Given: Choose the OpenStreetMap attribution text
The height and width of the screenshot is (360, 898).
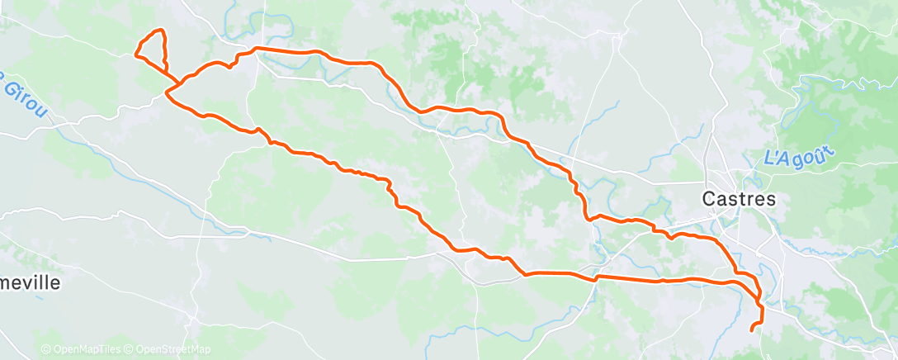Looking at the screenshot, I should tap(172, 350).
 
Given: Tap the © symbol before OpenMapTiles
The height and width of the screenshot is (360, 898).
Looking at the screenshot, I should tap(45, 350).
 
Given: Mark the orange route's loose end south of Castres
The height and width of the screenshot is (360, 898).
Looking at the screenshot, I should tap(751, 330).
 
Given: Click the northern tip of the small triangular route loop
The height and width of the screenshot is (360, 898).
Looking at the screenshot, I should tap(160, 31).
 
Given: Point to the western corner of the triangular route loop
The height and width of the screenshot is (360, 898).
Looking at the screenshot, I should tap(135, 55).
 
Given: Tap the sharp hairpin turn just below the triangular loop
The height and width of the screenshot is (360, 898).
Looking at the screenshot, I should tap(168, 95).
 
